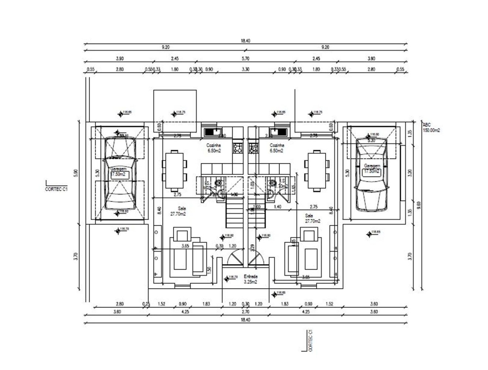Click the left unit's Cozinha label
(213, 148)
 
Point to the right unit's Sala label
(312, 218)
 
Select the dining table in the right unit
(316, 170)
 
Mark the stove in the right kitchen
(253, 148)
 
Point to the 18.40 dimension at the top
(245, 41)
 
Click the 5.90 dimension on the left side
(76, 173)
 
